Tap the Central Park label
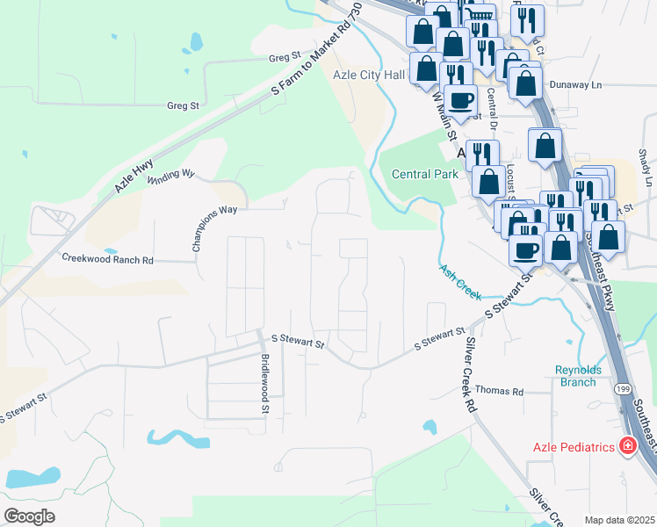(x=424, y=174)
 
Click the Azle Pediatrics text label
(x=573, y=447)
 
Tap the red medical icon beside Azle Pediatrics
(x=628, y=447)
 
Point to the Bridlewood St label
(x=264, y=384)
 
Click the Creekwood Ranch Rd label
(x=107, y=259)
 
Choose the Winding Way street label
(x=170, y=177)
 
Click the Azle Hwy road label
(x=134, y=174)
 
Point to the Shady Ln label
(x=644, y=166)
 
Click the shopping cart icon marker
(x=479, y=16)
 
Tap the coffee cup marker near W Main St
(x=460, y=98)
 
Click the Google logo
(x=29, y=516)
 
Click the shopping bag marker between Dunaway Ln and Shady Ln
(x=545, y=144)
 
